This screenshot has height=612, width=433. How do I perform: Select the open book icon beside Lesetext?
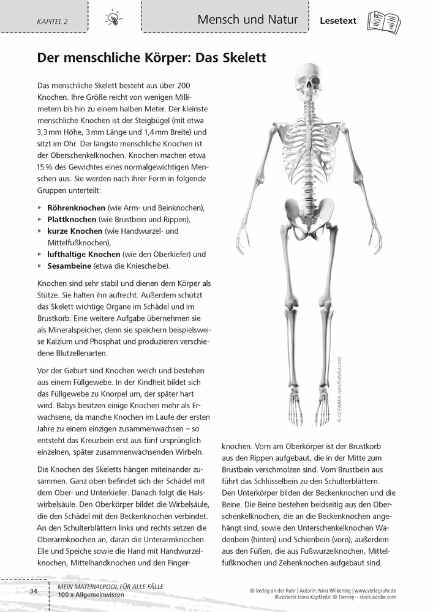[x=383, y=22]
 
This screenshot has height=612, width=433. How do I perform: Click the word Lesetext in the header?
[x=338, y=21]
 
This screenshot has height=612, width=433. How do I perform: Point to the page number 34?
[x=34, y=590]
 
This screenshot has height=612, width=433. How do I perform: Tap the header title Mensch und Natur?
[x=247, y=20]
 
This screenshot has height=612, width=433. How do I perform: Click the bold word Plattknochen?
[x=72, y=219]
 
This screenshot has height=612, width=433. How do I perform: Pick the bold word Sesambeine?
[x=69, y=266]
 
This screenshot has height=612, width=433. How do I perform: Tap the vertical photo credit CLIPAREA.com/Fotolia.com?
[x=339, y=390]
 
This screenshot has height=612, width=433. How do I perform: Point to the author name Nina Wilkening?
[x=328, y=590]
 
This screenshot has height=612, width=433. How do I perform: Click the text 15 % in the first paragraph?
[x=46, y=166]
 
